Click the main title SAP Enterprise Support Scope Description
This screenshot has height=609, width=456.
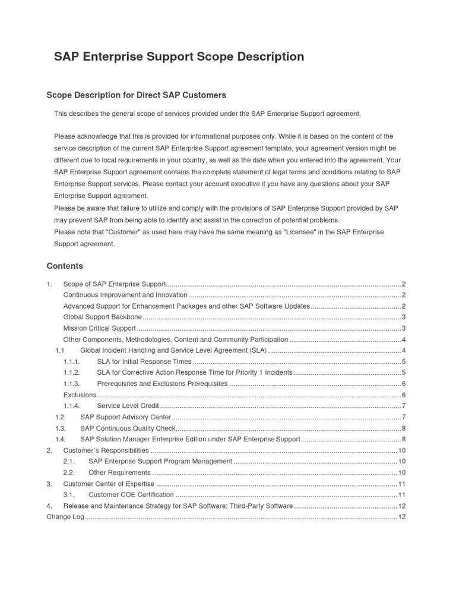179,57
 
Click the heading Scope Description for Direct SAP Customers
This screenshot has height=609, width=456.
137,95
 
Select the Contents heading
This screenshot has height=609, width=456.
65,266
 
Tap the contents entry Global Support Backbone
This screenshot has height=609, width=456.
102,317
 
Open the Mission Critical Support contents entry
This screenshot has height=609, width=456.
100,328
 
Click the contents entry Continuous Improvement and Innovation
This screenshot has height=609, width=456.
125,294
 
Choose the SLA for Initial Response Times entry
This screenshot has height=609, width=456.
144,362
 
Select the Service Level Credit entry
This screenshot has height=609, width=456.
128,406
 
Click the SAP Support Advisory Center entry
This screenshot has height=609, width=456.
125,417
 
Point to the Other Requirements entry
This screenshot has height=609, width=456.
119,473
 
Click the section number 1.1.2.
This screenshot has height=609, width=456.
71,372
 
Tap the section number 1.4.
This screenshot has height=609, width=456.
60,440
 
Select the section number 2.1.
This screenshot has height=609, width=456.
68,462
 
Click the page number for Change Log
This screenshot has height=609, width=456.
401,517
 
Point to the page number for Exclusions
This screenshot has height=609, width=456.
403,395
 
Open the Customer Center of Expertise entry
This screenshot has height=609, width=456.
109,484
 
